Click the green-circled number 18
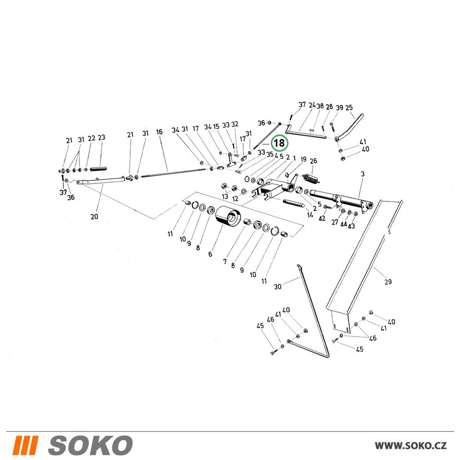coord(279,143)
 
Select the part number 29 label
coord(388,282)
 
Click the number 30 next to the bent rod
coord(277,286)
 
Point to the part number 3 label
coord(362,174)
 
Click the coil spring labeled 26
coord(310,178)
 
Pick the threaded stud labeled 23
coord(98,169)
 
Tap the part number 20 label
coord(94,217)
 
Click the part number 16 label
coord(159,132)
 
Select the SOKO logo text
coord(90,445)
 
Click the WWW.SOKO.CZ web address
coord(411,445)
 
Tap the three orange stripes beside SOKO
coord(25,445)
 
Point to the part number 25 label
coord(349,108)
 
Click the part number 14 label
coord(310,215)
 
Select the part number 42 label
coord(322,218)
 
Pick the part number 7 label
coord(225,261)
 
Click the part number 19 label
coord(303,159)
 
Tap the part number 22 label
coord(92,138)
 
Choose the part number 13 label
coord(225,196)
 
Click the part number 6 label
coord(210,254)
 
